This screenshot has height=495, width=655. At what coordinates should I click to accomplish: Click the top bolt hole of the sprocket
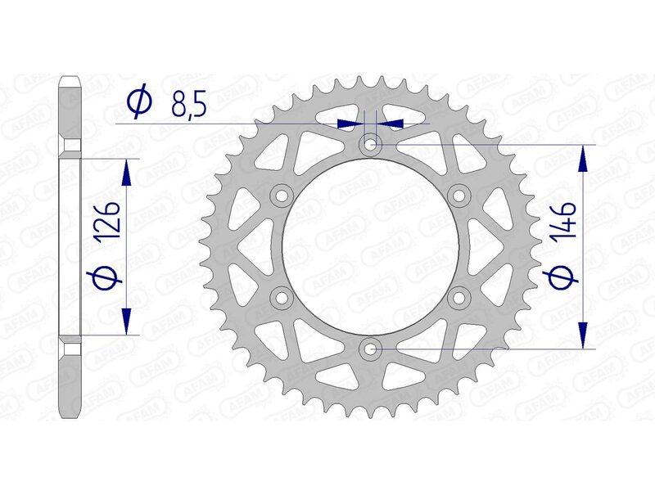pyautogui.click(x=371, y=145)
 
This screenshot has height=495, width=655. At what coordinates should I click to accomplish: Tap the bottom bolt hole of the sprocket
pyautogui.click(x=371, y=349)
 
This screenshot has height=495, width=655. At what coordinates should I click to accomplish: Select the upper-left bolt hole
pyautogui.click(x=282, y=196)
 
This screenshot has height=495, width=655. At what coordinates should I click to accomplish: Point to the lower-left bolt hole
pyautogui.click(x=282, y=297)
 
